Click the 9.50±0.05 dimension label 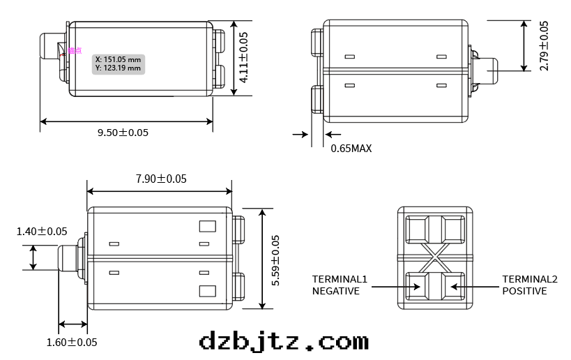pyautogui.click(x=123, y=133)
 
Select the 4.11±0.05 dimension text pyautogui.click(x=243, y=57)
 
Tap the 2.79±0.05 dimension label pyautogui.click(x=545, y=45)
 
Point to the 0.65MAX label pyautogui.click(x=351, y=148)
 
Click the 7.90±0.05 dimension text pyautogui.click(x=161, y=179)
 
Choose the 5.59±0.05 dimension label pyautogui.click(x=275, y=260)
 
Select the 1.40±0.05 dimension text pyautogui.click(x=42, y=231)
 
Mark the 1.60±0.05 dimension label pyautogui.click(x=72, y=342)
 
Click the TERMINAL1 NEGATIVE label pyautogui.click(x=340, y=285)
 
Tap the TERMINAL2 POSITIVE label pyautogui.click(x=530, y=285)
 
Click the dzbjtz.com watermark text pyautogui.click(x=284, y=341)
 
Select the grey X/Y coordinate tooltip pyautogui.click(x=119, y=63)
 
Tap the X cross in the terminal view pyautogui.click(x=435, y=257)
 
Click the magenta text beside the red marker pyautogui.click(x=75, y=50)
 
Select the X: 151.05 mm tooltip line pyautogui.click(x=119, y=59)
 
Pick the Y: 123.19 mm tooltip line pyautogui.click(x=119, y=68)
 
